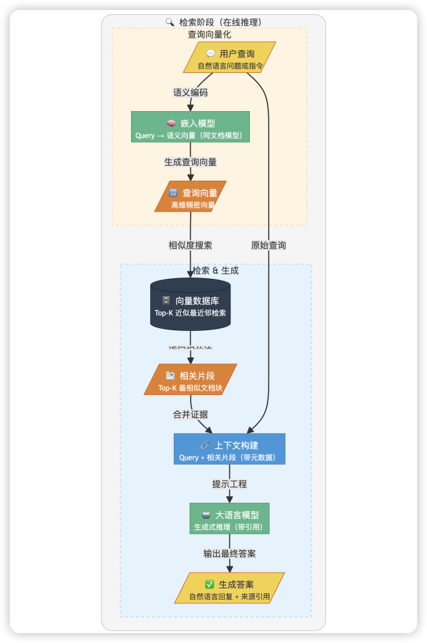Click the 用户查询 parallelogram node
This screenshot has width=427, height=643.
[229, 58]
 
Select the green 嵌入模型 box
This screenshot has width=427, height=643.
[190, 127]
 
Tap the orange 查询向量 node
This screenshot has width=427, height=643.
[190, 197]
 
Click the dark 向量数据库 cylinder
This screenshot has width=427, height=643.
[190, 305]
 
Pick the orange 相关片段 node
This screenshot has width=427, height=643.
[190, 380]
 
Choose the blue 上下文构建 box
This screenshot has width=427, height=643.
[229, 449]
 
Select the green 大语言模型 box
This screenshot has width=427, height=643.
[229, 519]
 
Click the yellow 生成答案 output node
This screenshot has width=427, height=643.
[229, 588]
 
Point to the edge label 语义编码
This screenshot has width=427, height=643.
[190, 92]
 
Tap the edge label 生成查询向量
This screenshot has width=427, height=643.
[190, 162]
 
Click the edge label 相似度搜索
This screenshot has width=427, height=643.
[190, 245]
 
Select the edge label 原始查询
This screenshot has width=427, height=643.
[269, 245]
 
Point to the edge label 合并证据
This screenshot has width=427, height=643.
[190, 414]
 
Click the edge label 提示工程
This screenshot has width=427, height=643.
[229, 484]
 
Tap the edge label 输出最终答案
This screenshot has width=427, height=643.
[229, 553]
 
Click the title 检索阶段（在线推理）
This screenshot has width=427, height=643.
[220, 22]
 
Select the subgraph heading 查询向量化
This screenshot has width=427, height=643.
[209, 35]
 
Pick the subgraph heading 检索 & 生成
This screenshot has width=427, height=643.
[215, 271]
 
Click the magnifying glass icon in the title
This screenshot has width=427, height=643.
[170, 22]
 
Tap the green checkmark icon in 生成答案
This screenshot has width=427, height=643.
[210, 585]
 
